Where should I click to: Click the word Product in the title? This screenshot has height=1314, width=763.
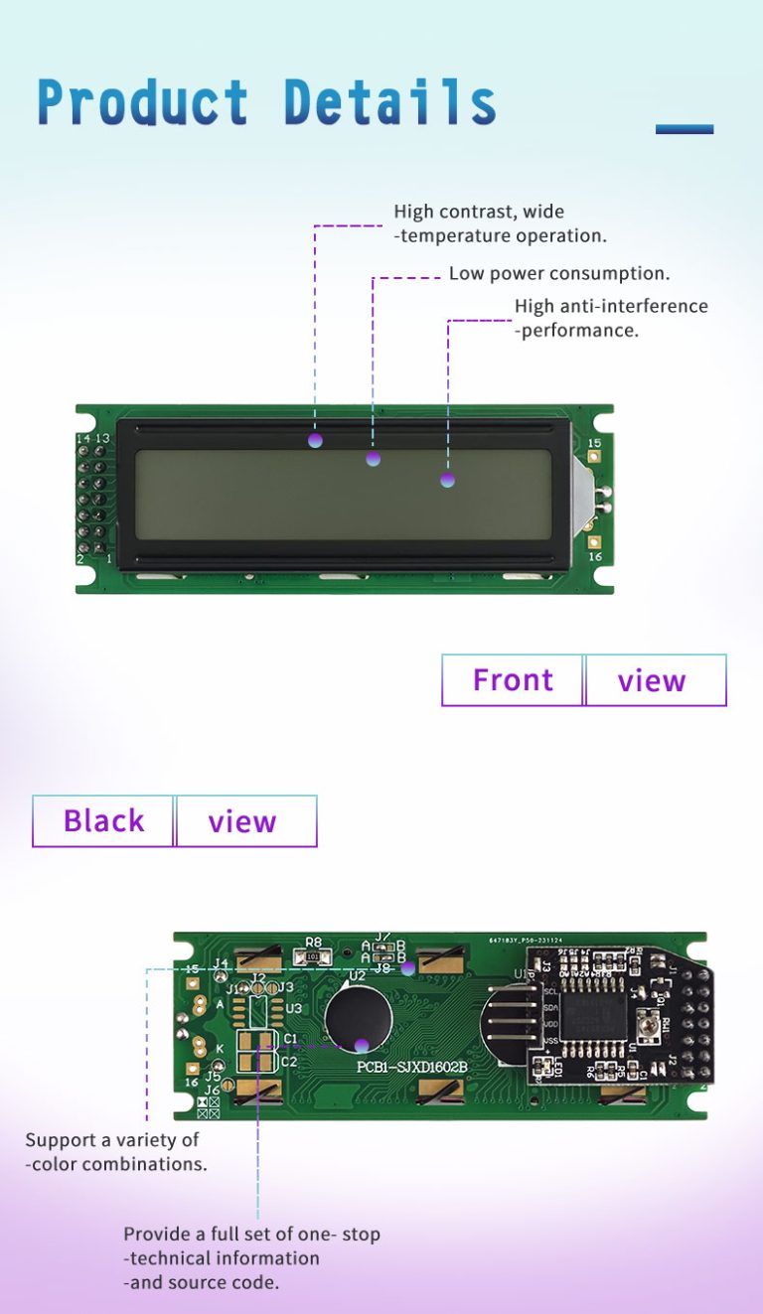tap(142, 102)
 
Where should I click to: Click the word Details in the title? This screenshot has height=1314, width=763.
tap(389, 102)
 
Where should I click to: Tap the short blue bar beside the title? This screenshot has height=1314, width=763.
tap(685, 129)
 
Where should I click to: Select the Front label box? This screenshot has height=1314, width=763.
tap(513, 680)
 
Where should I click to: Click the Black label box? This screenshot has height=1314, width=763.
tap(103, 821)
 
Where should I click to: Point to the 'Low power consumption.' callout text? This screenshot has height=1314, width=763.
tap(559, 273)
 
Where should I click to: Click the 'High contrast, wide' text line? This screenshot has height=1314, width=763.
tap(479, 212)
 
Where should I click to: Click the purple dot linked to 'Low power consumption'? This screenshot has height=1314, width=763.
tap(374, 458)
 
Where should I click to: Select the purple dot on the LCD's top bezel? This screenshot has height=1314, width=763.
tap(315, 440)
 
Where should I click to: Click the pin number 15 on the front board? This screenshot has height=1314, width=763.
tap(594, 443)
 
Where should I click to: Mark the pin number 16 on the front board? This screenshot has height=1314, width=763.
tap(594, 557)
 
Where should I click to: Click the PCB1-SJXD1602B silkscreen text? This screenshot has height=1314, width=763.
tap(411, 1067)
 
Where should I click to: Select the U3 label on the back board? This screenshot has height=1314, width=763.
tap(293, 1008)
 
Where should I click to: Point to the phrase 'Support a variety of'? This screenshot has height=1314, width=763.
tap(112, 1140)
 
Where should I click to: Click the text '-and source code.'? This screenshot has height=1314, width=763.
tap(201, 1282)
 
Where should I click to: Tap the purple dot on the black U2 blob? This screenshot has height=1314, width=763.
tap(362, 1045)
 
